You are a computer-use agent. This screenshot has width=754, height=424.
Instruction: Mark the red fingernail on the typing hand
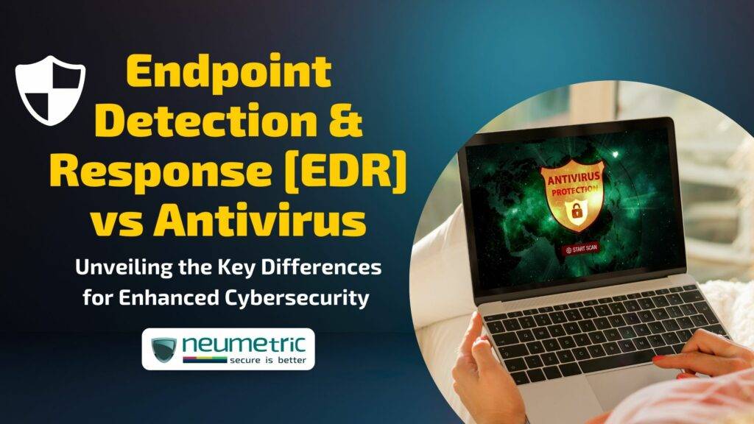658,360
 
